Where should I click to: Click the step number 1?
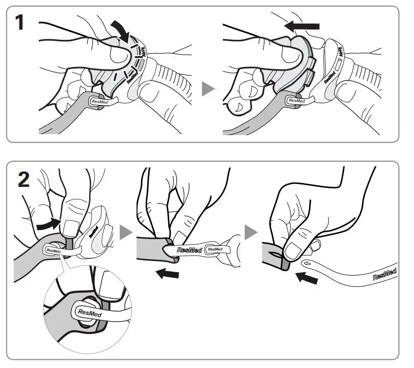(20, 23)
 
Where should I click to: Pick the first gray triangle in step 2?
(126, 233)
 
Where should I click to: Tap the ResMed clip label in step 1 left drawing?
(102, 100)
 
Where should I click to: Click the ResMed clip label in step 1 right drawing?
(297, 101)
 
